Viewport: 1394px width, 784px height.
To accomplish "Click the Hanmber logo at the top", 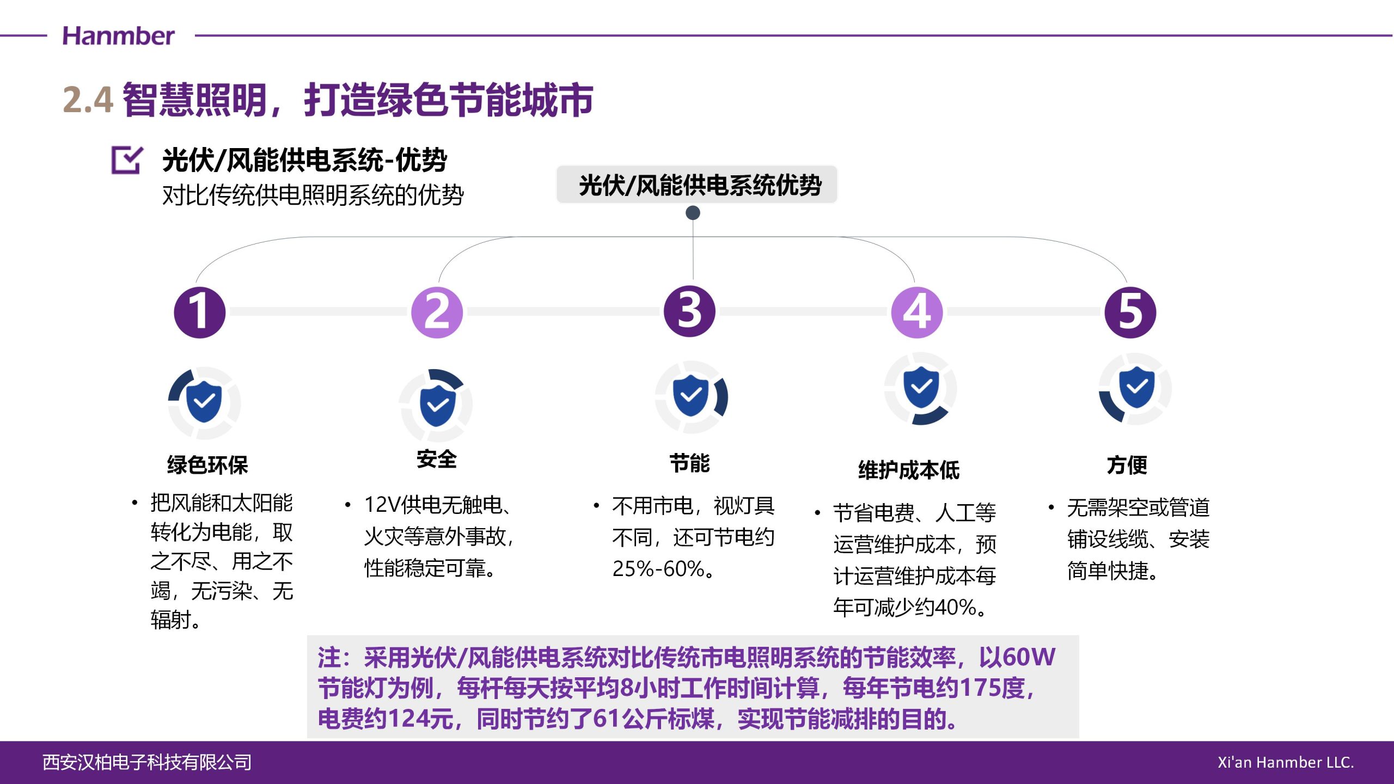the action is tap(118, 36).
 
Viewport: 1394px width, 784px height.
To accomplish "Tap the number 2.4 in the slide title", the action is tap(88, 100).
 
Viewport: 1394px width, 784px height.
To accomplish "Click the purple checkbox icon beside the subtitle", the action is tap(127, 160).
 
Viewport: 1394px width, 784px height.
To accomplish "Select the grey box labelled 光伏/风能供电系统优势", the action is tap(696, 185).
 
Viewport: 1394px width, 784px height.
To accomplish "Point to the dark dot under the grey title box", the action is tap(693, 212).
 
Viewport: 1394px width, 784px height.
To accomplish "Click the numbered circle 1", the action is tap(199, 312).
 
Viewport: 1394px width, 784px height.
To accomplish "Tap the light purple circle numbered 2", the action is tap(437, 312).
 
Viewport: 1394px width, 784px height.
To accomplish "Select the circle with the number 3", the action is tap(689, 311).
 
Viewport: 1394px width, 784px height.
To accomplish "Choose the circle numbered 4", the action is tap(917, 312).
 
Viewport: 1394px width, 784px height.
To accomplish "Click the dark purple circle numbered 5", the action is tap(1130, 312).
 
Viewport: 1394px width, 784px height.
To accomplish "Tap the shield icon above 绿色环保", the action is tap(204, 402).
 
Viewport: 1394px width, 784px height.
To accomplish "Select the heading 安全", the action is tap(437, 459).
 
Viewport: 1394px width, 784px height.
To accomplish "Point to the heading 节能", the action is tap(689, 463).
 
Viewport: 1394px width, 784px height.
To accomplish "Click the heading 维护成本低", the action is tap(909, 470).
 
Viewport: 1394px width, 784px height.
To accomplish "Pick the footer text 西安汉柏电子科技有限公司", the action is tap(147, 762).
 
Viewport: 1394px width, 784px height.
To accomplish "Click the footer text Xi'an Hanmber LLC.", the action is tap(1286, 762).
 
